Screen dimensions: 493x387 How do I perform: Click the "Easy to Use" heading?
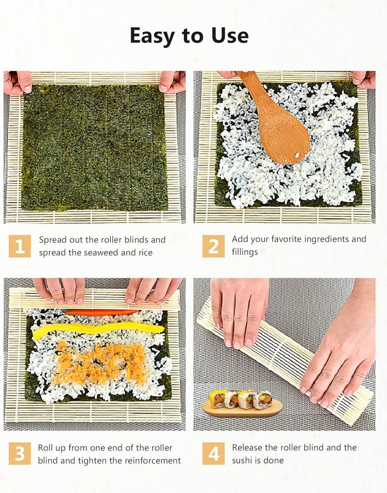pos(189,36)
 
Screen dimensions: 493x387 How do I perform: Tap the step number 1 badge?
pos(19,246)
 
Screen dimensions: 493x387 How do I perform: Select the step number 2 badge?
pos(213,246)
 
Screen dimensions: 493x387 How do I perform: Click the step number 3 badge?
pos(19,453)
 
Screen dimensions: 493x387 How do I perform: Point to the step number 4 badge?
pos(213,453)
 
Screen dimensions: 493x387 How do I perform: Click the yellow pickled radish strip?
pos(97,329)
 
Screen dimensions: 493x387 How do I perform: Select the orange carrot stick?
pos(102,312)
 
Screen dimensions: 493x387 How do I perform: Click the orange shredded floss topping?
pos(99,363)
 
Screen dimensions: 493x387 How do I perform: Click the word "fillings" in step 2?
pos(245,252)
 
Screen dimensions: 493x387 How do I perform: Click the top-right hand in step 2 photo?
pos(364,79)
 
